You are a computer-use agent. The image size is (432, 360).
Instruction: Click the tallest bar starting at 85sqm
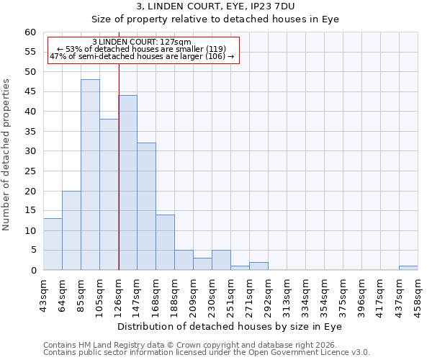pyautogui.click(x=90, y=175)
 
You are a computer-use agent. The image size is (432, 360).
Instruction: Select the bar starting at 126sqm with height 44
pyautogui.click(x=127, y=183)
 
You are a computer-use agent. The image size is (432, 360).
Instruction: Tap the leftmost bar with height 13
pyautogui.click(x=53, y=244)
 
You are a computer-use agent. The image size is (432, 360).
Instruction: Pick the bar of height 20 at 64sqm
pyautogui.click(x=71, y=230)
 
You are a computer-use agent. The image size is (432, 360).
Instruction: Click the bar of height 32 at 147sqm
pyautogui.click(x=146, y=207)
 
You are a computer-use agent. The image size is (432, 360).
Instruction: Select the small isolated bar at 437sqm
pyautogui.click(x=408, y=268)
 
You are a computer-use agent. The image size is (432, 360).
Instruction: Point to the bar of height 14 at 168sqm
pyautogui.click(x=165, y=243)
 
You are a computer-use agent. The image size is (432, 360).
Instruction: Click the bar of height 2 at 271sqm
pyautogui.click(x=258, y=266)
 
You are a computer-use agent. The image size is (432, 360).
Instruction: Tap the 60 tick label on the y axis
pyautogui.click(x=30, y=32)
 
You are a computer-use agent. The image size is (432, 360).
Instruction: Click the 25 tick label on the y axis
pyautogui.click(x=30, y=171)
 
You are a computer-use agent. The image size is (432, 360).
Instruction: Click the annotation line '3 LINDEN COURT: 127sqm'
pyautogui.click(x=142, y=42)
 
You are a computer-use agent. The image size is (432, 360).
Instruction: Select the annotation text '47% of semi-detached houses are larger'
pyautogui.click(x=142, y=56)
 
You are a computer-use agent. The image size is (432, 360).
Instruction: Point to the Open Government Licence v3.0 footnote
pyautogui.click(x=206, y=353)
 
